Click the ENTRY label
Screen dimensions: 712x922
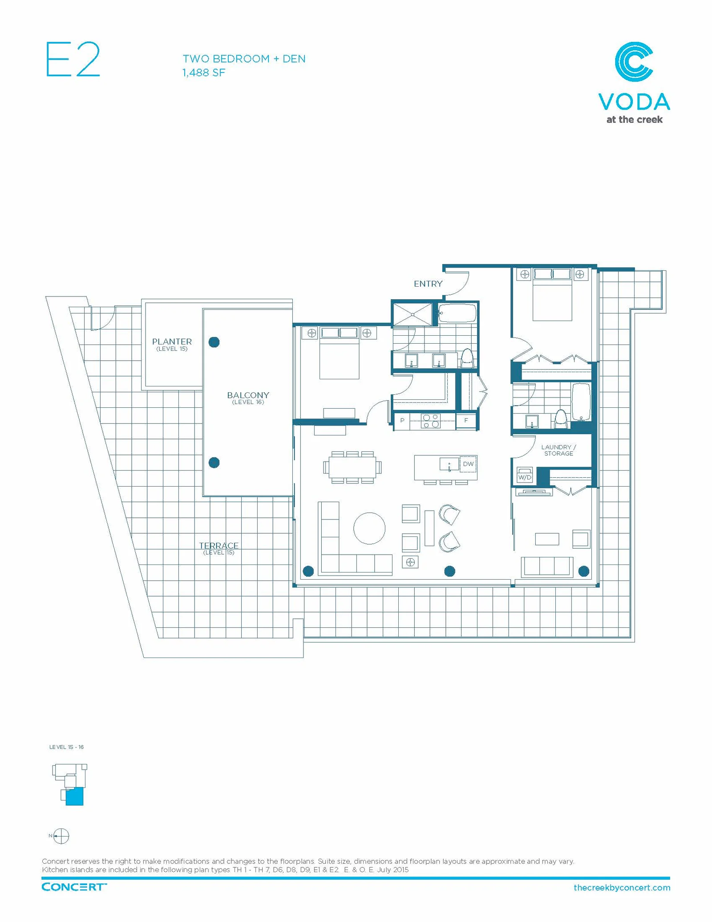[428, 284]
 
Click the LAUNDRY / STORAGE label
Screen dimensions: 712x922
[558, 450]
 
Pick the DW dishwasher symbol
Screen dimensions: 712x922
[468, 464]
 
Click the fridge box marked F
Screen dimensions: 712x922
[466, 420]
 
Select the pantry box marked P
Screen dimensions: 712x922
[402, 420]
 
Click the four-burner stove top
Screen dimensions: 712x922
[431, 421]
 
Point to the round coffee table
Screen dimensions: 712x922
[369, 528]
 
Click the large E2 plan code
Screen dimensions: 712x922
[73, 59]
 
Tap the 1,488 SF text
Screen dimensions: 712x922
[204, 73]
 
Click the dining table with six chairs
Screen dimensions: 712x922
[352, 467]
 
